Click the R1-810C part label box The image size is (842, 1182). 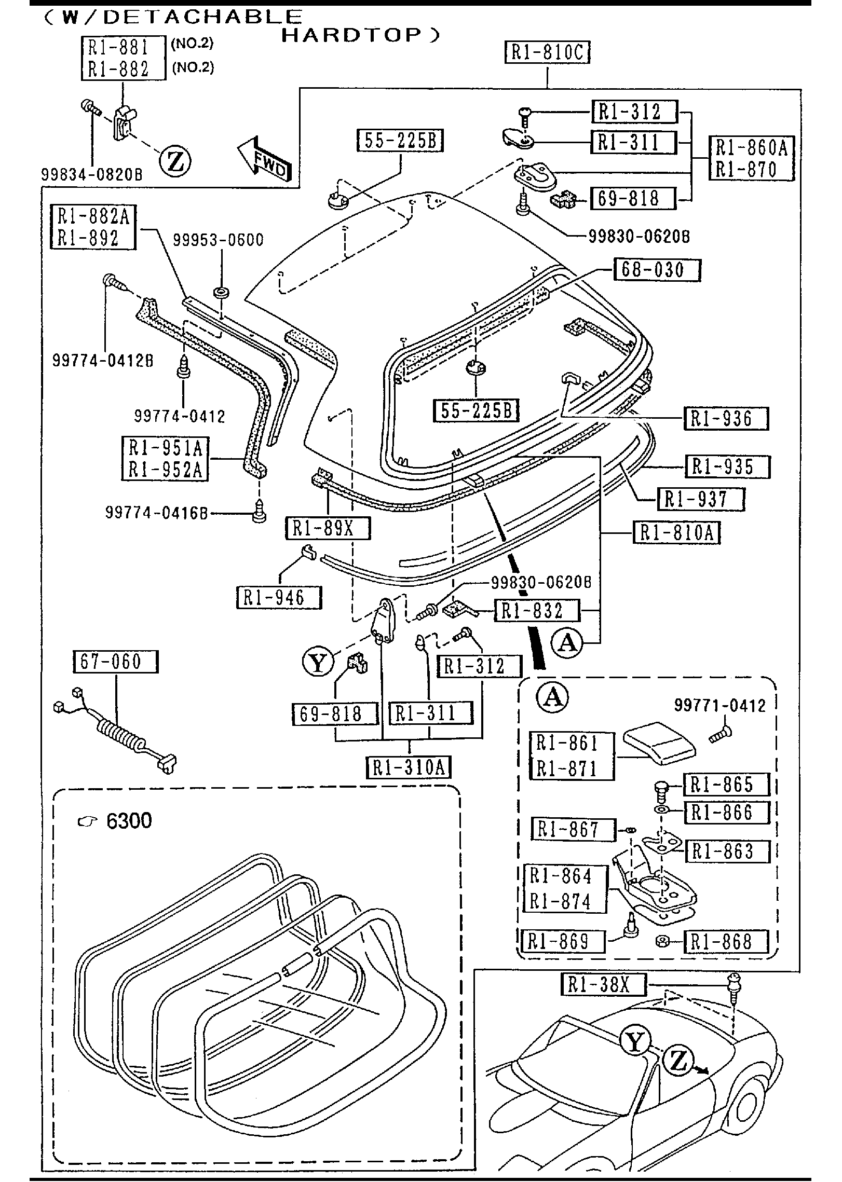(547, 53)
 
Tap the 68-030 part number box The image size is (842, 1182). (657, 270)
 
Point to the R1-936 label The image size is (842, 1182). (726, 418)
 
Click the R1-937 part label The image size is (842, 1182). (700, 499)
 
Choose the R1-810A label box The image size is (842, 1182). (676, 532)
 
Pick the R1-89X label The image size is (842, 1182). (328, 528)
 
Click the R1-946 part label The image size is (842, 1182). (278, 598)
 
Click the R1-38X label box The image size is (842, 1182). (603, 984)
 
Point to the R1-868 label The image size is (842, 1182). (726, 942)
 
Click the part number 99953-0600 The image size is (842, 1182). (218, 240)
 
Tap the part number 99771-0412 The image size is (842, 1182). (719, 705)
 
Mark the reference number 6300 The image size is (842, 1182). (129, 821)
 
